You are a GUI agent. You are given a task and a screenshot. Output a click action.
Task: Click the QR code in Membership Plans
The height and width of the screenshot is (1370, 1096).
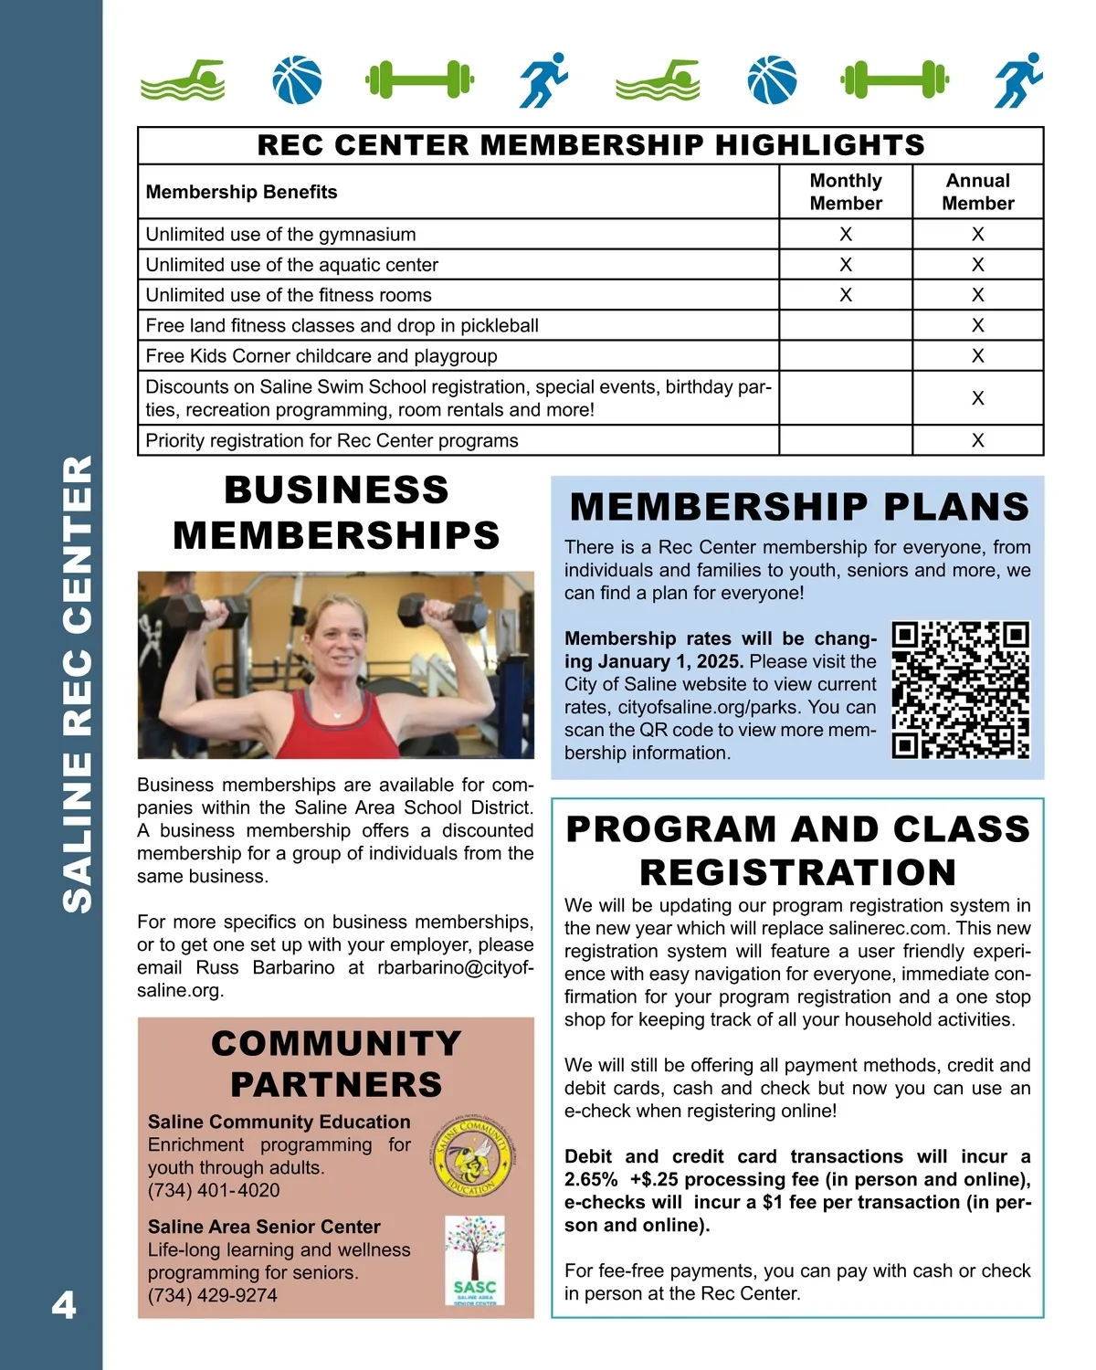(x=961, y=690)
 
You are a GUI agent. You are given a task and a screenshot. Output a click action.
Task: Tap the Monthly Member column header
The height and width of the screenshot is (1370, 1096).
(x=846, y=192)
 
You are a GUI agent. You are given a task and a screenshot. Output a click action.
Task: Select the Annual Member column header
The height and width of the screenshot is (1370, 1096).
(x=978, y=192)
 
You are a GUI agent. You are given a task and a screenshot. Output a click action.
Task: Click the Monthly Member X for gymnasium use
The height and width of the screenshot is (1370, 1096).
(x=846, y=235)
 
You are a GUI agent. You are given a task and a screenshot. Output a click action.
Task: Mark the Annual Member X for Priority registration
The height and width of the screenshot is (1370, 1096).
(x=978, y=441)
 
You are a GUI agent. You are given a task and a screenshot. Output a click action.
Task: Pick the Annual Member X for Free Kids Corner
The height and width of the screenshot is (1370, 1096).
(x=978, y=356)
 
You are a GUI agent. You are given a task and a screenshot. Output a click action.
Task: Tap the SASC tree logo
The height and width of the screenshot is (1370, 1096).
(x=475, y=1260)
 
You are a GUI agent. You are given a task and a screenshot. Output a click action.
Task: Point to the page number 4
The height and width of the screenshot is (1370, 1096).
(x=63, y=1305)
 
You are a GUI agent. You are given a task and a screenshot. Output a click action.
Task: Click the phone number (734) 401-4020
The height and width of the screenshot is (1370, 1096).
(x=214, y=1190)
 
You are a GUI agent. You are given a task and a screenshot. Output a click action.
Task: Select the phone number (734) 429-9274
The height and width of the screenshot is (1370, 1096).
(x=213, y=1295)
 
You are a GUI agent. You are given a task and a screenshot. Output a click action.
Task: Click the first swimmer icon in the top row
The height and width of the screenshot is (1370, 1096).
(x=183, y=80)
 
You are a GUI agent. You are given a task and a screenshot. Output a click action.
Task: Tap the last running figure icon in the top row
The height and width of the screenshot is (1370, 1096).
(x=1019, y=80)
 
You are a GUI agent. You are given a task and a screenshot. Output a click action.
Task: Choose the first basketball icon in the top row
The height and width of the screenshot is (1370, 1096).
(x=298, y=80)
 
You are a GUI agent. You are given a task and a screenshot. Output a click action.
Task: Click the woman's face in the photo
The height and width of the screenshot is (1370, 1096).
(x=339, y=644)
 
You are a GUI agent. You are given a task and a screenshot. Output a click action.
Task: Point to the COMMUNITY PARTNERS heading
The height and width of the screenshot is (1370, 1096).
(x=336, y=1064)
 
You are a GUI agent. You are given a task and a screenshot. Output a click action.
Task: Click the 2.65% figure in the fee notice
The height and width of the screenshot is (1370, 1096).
(x=591, y=1179)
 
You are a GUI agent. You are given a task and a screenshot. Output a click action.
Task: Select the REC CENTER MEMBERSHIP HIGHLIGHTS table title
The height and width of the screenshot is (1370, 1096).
(x=591, y=145)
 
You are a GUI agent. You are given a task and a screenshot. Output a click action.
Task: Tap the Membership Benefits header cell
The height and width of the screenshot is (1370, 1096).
(x=242, y=192)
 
